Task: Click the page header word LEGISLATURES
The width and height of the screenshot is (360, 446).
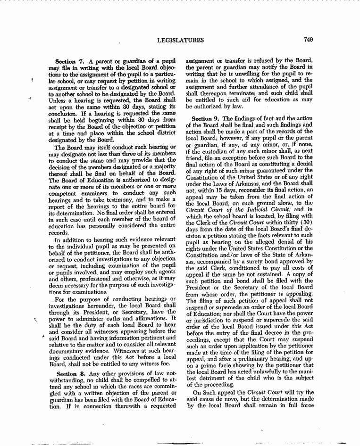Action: pyautogui.click(x=180, y=40)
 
